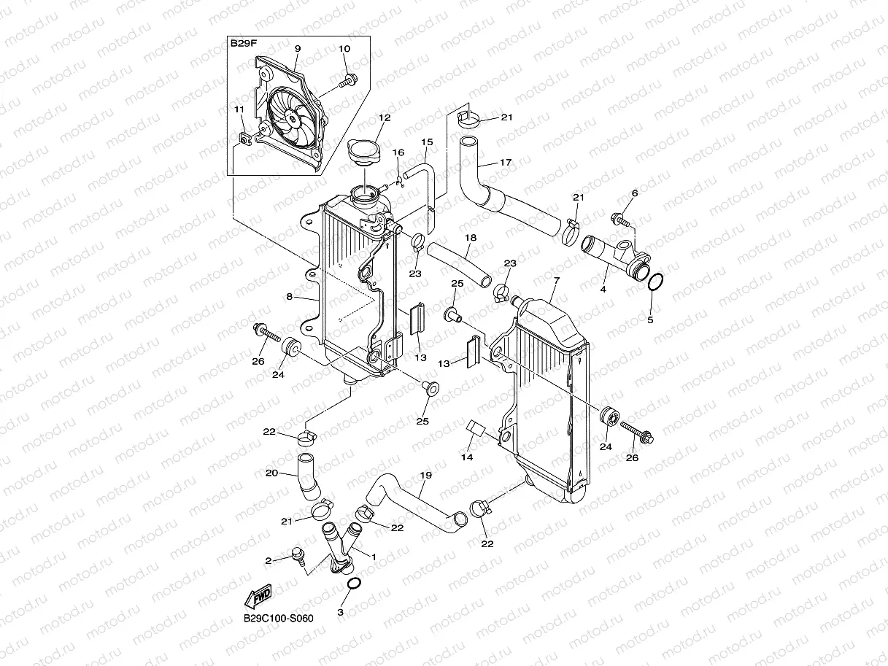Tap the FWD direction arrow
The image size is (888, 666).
click(x=258, y=597)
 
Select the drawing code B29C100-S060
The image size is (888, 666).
click(x=278, y=619)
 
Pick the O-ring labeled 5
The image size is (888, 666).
click(x=655, y=282)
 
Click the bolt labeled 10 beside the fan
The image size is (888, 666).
click(x=349, y=78)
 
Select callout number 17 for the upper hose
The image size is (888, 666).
click(x=505, y=163)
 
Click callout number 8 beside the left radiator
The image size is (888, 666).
click(x=289, y=297)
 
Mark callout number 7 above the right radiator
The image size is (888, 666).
click(x=556, y=281)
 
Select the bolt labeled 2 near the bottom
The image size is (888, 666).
click(x=298, y=556)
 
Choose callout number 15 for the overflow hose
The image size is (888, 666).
click(x=428, y=142)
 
